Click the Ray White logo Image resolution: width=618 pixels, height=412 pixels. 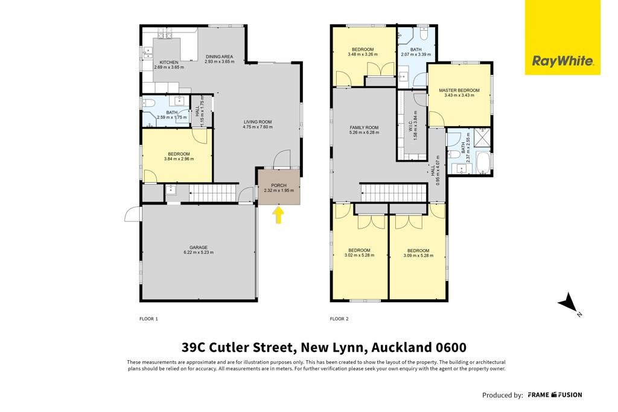point(562,37)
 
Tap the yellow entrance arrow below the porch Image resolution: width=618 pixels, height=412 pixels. point(279,215)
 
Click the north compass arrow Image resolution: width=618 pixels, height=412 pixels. point(570,303)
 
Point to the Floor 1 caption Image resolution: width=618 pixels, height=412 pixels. point(148,319)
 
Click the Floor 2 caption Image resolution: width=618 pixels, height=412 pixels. point(339,319)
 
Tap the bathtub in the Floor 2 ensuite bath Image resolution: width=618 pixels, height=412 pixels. point(483,163)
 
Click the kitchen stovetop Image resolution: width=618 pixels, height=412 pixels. point(165,36)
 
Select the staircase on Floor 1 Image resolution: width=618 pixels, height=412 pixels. point(213,194)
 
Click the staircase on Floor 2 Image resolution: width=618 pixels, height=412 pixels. point(393,193)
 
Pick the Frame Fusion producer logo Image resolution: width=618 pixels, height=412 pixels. point(555,395)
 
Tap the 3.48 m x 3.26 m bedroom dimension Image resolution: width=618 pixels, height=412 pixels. point(363,54)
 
